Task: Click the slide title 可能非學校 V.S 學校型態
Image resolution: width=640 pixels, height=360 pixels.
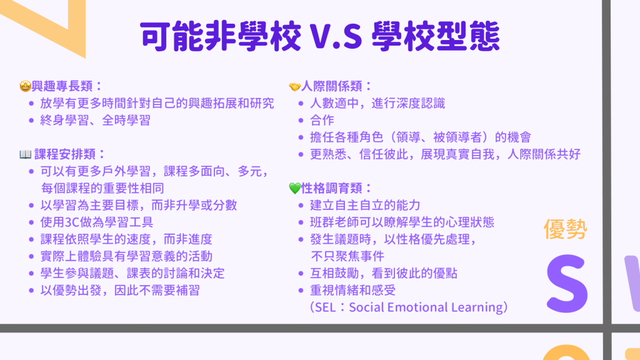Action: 319,37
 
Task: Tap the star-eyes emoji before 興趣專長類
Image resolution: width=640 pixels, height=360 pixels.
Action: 25,86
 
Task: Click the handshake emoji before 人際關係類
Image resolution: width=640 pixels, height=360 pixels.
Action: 295,86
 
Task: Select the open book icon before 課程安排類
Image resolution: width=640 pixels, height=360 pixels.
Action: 25,154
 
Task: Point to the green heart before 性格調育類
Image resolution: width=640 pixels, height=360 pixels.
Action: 295,188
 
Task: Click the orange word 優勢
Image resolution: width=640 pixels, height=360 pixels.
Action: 565,229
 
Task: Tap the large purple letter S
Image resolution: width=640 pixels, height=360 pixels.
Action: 567,283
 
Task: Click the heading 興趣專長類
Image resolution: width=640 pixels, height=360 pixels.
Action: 62,86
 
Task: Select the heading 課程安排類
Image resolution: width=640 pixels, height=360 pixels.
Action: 65,154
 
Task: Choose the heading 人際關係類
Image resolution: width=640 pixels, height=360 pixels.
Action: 331,86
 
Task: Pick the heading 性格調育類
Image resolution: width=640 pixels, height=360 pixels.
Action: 331,188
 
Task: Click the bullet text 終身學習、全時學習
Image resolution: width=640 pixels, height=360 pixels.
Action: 96,121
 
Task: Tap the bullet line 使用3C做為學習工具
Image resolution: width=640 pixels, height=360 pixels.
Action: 97,222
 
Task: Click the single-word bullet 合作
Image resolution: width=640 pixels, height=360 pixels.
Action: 322,121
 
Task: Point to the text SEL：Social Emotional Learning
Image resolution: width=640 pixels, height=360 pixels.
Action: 409,307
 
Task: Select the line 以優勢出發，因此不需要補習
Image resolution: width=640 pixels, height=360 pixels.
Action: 120,291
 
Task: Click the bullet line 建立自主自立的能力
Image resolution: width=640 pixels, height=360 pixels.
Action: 365,205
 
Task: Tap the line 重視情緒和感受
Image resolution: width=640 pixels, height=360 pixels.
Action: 352,291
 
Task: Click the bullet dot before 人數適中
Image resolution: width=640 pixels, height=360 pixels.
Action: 301,104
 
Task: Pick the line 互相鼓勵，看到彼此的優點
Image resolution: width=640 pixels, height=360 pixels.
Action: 384,274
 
